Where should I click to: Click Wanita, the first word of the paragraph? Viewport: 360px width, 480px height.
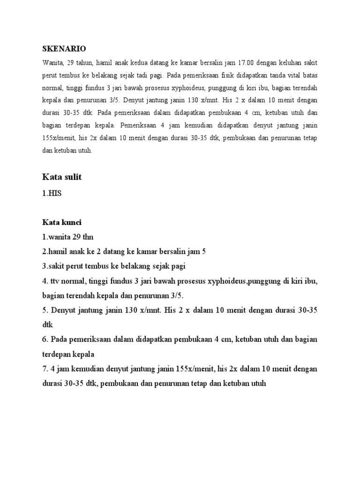tap(52, 62)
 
